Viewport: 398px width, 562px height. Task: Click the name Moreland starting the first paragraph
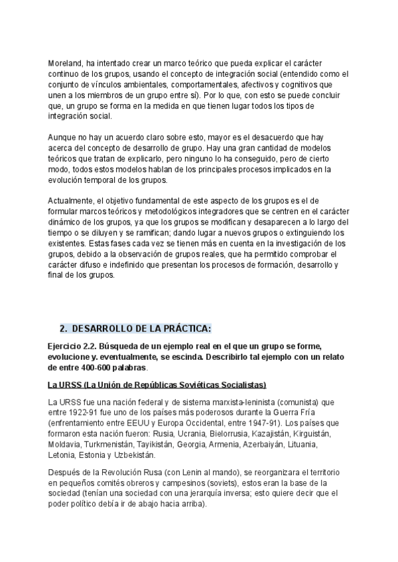[x=64, y=63]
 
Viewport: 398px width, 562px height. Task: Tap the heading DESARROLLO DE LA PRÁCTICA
[x=141, y=329]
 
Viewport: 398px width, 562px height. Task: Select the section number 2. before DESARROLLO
[x=64, y=329]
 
